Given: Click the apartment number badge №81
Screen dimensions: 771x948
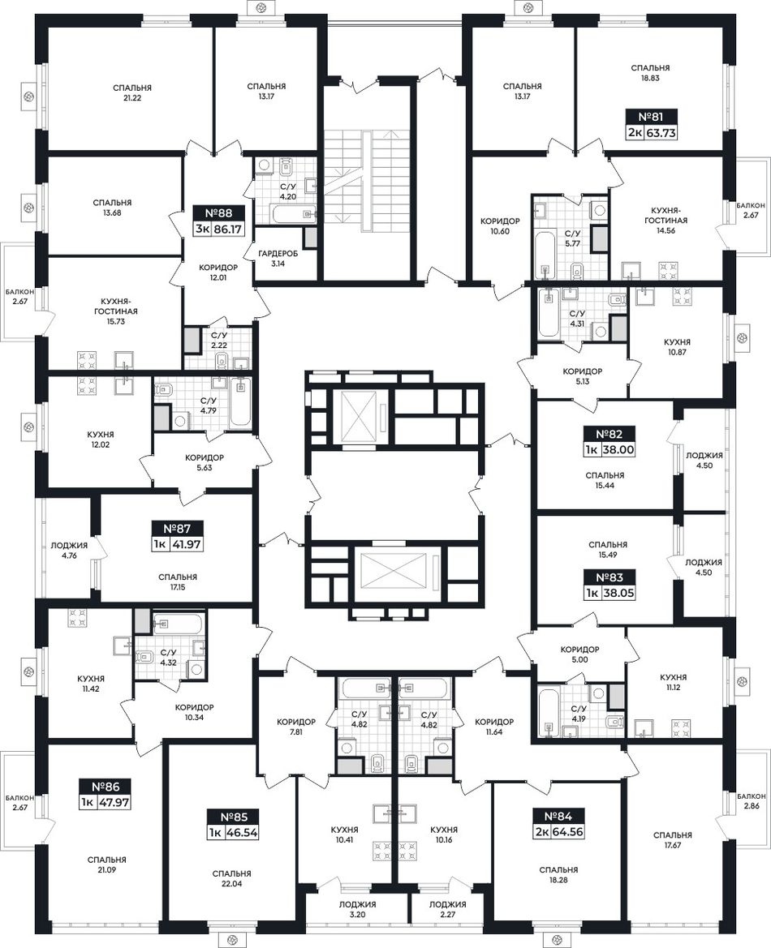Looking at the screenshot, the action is click(x=651, y=116).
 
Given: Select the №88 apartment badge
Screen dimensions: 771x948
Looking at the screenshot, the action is click(x=218, y=213).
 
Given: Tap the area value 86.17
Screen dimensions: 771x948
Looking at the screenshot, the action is click(x=227, y=229).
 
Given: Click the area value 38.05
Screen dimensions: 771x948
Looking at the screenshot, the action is click(x=618, y=594).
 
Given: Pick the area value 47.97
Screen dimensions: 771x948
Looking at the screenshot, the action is click(x=114, y=803).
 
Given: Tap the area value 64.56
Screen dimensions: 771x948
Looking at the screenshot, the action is click(x=570, y=833).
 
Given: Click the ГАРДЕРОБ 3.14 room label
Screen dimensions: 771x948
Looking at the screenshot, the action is click(x=278, y=259).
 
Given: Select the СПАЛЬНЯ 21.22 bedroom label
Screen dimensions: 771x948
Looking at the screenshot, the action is click(x=132, y=92).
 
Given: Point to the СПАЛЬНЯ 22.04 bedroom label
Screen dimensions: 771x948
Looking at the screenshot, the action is click(x=232, y=878).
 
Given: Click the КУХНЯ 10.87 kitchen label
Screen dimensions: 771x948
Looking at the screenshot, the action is click(x=677, y=346).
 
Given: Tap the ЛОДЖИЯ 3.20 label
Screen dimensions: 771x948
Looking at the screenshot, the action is click(x=358, y=910).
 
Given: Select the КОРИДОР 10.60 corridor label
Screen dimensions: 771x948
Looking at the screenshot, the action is click(x=500, y=226).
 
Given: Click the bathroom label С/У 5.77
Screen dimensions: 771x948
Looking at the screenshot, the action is click(x=572, y=238).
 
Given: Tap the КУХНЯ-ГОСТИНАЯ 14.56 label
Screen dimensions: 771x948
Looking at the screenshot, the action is click(x=665, y=221).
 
